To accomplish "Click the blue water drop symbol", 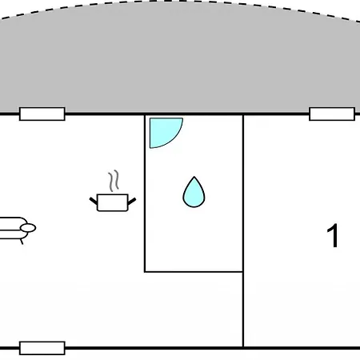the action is coord(194,194).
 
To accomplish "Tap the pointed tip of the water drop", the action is coord(194,177).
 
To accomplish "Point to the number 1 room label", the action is coord(333,236).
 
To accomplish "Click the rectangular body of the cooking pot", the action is coord(113,202).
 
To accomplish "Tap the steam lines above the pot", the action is coord(114,181).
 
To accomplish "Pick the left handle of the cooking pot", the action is coord(94,201).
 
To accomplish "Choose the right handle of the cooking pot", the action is coord(132,202).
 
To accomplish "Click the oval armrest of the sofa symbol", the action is coord(28,228).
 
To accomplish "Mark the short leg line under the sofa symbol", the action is coord(22,242).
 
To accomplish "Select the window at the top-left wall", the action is coord(42,114).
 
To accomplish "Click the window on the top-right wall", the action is coord(332,114).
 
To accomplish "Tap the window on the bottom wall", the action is coord(42,348).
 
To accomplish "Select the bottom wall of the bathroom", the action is coord(194,272).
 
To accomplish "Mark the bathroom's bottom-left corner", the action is coord(145,272).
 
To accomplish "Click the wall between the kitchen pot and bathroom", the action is coord(145,194).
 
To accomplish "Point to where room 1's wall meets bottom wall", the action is coord(243,348).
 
